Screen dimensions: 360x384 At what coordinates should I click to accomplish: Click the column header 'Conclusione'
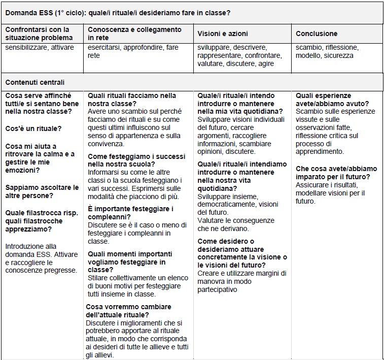(x=316, y=34)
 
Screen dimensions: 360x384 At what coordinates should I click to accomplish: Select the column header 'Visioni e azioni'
(x=223, y=34)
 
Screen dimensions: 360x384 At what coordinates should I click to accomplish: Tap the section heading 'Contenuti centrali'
(x=34, y=82)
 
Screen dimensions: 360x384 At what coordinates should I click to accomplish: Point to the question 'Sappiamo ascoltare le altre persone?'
(x=42, y=191)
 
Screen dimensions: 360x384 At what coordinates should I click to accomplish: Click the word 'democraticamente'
(x=227, y=205)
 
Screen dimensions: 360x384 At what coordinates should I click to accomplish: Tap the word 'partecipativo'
(x=217, y=289)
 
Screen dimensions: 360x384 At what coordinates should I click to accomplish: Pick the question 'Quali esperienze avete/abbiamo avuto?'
(x=330, y=100)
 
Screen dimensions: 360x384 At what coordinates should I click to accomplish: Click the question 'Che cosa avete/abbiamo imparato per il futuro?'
(x=336, y=173)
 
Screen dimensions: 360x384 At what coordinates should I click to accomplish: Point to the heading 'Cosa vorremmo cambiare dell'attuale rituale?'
(x=128, y=311)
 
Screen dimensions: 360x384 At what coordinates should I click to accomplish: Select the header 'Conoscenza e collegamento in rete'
(x=134, y=34)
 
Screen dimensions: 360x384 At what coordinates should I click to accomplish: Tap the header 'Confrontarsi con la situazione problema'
(x=37, y=34)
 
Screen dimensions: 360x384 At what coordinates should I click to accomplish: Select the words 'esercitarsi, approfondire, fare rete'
(x=133, y=51)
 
